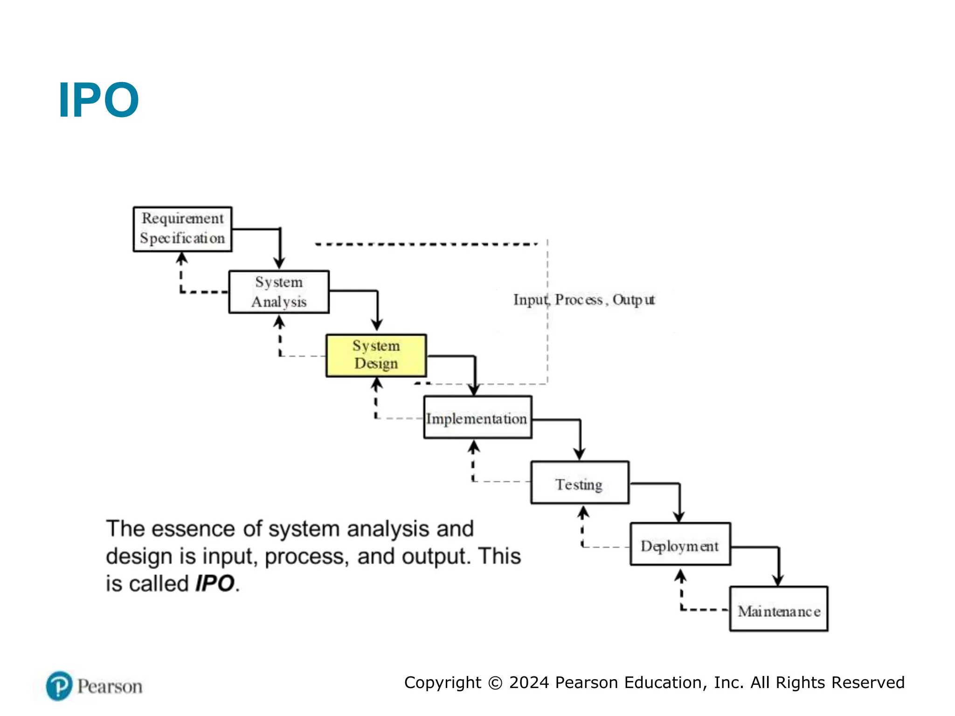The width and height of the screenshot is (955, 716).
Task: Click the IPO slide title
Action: [x=98, y=100]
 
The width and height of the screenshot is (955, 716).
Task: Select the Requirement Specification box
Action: [x=182, y=229]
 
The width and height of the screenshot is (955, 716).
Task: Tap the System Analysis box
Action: [x=279, y=292]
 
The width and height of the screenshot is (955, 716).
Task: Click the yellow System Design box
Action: [x=376, y=355]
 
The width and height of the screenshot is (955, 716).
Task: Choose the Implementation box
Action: [x=477, y=418]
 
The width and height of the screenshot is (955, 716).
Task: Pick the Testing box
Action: [x=580, y=483]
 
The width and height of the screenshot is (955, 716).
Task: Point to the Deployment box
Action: [x=680, y=544]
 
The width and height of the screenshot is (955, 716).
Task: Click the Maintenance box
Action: [x=779, y=609]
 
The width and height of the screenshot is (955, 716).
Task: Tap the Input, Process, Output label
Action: [x=584, y=300]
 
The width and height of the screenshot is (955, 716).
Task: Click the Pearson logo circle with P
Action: [x=59, y=686]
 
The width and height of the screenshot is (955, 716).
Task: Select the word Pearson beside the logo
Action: [x=110, y=687]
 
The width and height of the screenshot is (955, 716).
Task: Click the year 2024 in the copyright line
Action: [x=529, y=682]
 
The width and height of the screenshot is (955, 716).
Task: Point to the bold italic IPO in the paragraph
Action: [x=215, y=584]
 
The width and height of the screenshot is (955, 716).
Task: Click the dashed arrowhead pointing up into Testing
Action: [x=583, y=513]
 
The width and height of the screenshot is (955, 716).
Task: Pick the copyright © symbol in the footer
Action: [x=495, y=683]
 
